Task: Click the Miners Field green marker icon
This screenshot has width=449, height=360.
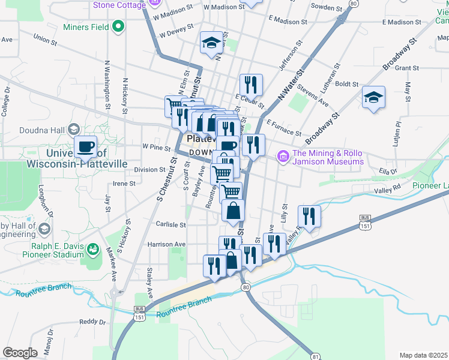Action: click(x=119, y=26)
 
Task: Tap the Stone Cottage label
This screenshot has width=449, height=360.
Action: click(x=119, y=5)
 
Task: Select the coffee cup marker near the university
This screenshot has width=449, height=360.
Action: click(x=85, y=146)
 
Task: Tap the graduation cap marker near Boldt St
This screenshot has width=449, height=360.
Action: click(x=373, y=97)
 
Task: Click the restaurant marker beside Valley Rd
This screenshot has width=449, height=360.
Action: click(x=309, y=217)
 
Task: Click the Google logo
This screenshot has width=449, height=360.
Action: click(x=20, y=352)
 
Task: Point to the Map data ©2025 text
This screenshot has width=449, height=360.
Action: click(x=423, y=355)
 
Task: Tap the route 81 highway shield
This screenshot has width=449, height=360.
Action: click(x=316, y=356)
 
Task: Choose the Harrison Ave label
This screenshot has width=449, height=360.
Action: click(x=167, y=244)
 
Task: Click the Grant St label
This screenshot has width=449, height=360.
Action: click(x=406, y=68)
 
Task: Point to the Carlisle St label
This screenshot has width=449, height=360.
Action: click(x=172, y=224)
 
